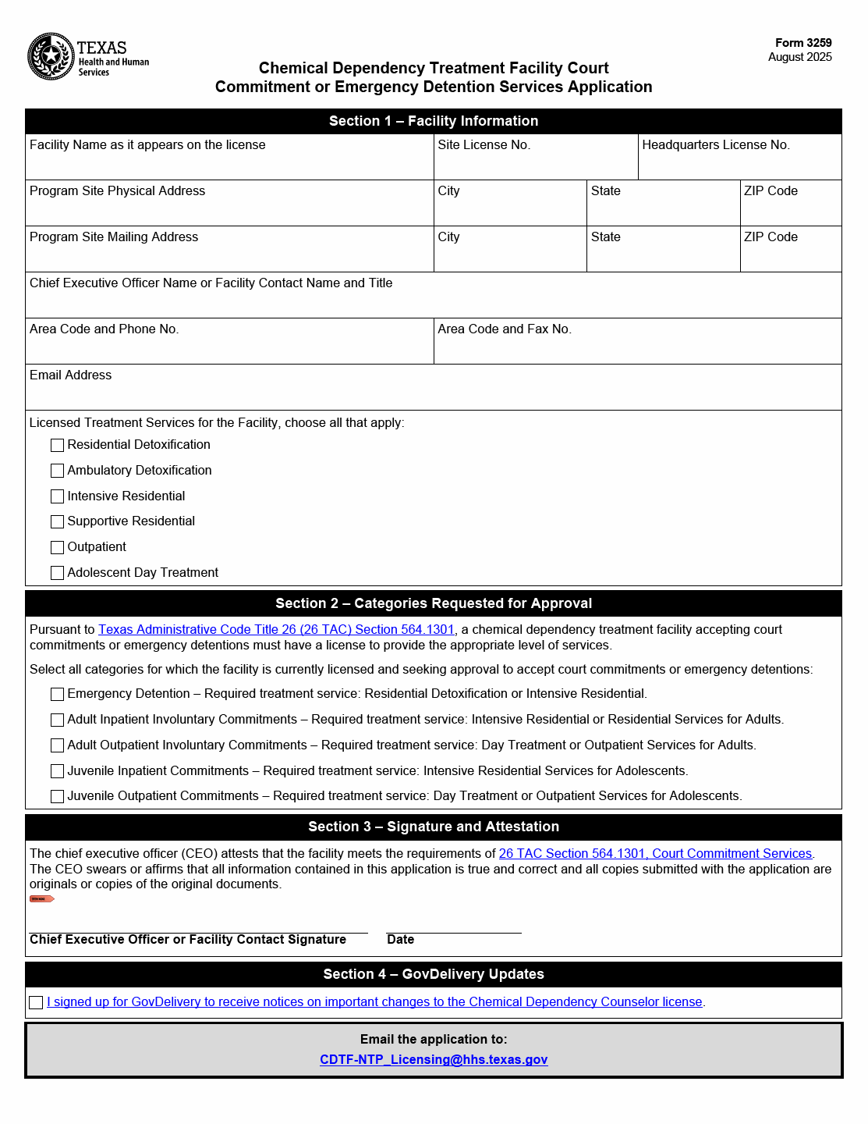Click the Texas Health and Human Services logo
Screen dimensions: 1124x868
point(87,57)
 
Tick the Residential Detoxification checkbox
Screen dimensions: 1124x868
point(57,446)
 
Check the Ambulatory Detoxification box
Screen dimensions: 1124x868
point(57,471)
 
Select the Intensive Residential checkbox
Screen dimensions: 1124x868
point(57,496)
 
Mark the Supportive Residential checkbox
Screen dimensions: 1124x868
point(57,521)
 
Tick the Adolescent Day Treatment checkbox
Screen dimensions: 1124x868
point(57,573)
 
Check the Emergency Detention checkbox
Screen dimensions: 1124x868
point(57,695)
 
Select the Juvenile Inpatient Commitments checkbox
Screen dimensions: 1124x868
point(57,771)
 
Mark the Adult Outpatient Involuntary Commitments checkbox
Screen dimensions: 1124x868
point(57,745)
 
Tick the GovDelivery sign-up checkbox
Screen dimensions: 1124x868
point(36,1003)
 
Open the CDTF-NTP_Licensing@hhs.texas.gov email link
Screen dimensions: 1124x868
point(434,1060)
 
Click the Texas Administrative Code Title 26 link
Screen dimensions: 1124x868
point(276,630)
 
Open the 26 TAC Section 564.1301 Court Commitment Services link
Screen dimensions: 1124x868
point(655,854)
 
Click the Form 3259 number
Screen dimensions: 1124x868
point(803,43)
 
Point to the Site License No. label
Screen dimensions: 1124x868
point(484,145)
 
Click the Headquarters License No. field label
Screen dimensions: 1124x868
point(715,145)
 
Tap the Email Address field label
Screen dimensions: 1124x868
point(71,375)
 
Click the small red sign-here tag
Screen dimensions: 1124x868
point(41,899)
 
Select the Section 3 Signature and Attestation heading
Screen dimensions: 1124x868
point(434,827)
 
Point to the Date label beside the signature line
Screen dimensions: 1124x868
point(401,940)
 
